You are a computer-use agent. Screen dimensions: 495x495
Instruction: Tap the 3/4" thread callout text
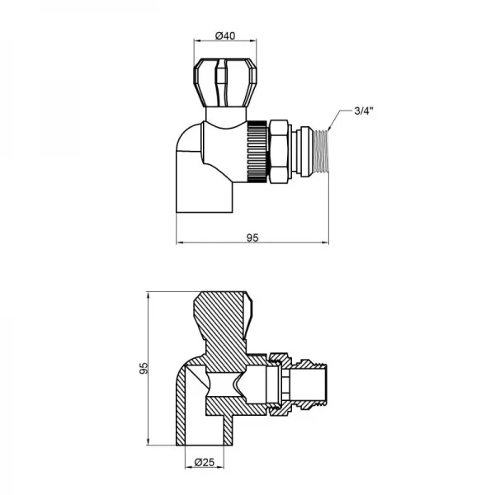click(364, 111)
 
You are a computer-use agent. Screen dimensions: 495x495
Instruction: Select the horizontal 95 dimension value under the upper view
click(253, 237)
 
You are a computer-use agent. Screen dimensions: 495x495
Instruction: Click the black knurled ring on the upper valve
click(258, 149)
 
